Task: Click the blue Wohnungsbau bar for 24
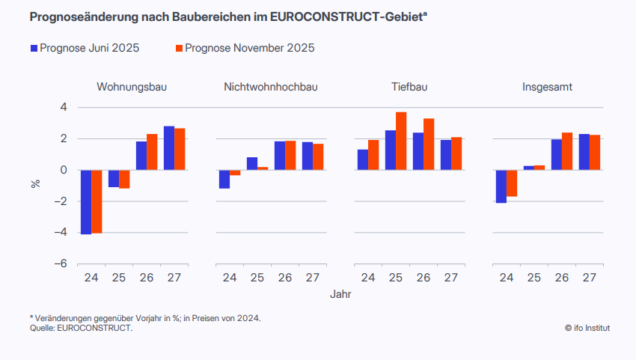(x=86, y=202)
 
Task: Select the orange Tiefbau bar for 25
(x=401, y=141)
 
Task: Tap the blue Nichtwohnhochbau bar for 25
(x=252, y=163)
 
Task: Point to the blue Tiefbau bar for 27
(x=446, y=155)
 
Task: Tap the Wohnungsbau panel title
(x=132, y=87)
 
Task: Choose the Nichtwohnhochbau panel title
(x=270, y=87)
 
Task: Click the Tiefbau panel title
(x=409, y=87)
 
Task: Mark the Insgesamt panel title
(x=548, y=87)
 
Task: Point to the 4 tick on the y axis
(x=64, y=107)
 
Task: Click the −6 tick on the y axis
(x=61, y=264)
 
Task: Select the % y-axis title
(x=35, y=184)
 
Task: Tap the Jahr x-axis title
(x=340, y=295)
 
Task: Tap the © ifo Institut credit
(x=587, y=328)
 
